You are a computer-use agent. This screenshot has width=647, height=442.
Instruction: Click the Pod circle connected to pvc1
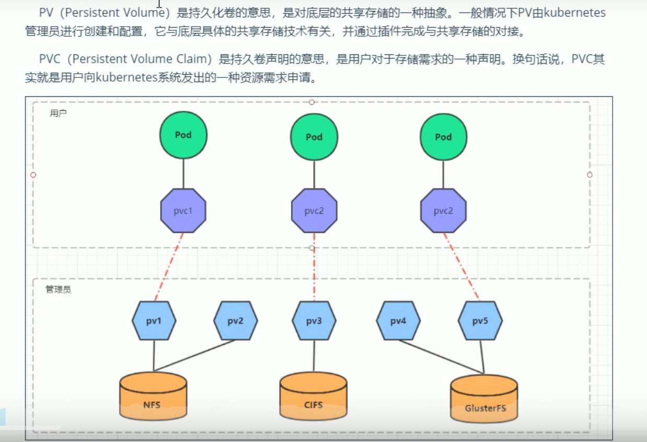tap(183, 135)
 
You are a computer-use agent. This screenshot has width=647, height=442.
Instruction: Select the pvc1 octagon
tap(183, 211)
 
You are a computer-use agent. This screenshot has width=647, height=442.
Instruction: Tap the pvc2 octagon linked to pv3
tap(314, 211)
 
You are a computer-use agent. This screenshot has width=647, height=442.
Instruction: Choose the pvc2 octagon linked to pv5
tap(443, 211)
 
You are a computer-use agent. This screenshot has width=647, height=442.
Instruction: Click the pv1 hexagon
tap(154, 321)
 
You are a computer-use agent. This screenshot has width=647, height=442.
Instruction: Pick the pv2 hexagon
tap(235, 321)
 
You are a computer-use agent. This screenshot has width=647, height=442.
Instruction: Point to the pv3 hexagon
tap(314, 321)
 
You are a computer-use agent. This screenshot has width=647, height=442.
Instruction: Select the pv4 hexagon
tap(398, 321)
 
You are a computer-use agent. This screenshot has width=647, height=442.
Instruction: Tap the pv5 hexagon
tap(480, 321)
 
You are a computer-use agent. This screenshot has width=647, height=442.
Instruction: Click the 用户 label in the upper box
tap(58, 114)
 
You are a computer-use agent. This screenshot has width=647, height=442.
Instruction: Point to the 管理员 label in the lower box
tap(58, 289)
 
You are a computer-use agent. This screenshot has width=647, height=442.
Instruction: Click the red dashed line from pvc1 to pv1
tap(169, 267)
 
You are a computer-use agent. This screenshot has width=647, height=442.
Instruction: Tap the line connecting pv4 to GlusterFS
tap(442, 357)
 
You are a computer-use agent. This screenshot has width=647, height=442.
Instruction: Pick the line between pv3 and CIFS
tap(314, 356)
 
